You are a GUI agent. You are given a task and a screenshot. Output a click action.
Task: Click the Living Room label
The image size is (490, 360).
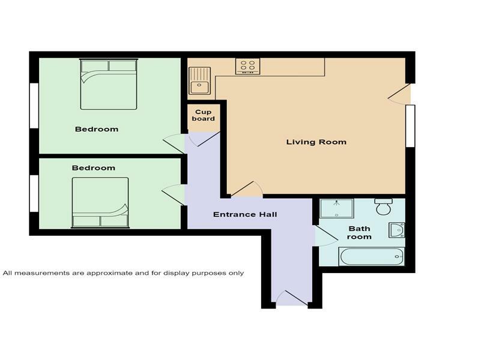(316, 142)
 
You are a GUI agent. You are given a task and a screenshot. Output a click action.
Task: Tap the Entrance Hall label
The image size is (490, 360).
(244, 215)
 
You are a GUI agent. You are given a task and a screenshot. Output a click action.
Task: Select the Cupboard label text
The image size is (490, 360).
(204, 115)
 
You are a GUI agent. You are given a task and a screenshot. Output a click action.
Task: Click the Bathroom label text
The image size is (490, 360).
(359, 233)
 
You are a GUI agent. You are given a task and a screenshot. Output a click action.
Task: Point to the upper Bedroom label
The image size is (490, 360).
(96, 129)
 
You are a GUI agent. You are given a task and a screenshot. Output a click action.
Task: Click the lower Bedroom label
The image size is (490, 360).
(93, 168)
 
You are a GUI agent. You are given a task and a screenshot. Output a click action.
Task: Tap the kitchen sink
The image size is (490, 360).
(199, 81)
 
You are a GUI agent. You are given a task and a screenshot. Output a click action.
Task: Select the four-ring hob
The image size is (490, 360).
(247, 65)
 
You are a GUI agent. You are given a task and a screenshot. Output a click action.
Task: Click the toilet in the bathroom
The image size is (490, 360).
(383, 207)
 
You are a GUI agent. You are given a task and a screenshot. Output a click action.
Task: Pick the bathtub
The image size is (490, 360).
(372, 257)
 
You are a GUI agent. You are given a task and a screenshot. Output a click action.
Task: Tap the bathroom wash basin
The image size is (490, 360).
(397, 230)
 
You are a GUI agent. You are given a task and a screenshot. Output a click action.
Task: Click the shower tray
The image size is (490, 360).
(336, 208)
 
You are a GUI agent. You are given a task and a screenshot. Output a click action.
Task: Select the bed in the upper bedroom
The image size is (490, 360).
(109, 84)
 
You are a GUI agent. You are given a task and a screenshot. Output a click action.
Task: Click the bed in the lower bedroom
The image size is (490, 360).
(100, 203)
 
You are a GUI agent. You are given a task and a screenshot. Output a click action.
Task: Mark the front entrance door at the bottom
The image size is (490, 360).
(292, 298)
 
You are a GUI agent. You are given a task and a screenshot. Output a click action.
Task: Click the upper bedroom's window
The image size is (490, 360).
(34, 105)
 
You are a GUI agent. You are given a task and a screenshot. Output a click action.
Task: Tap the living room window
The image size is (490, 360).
(410, 126)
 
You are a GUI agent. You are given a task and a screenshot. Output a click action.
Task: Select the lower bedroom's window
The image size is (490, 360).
(34, 193)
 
